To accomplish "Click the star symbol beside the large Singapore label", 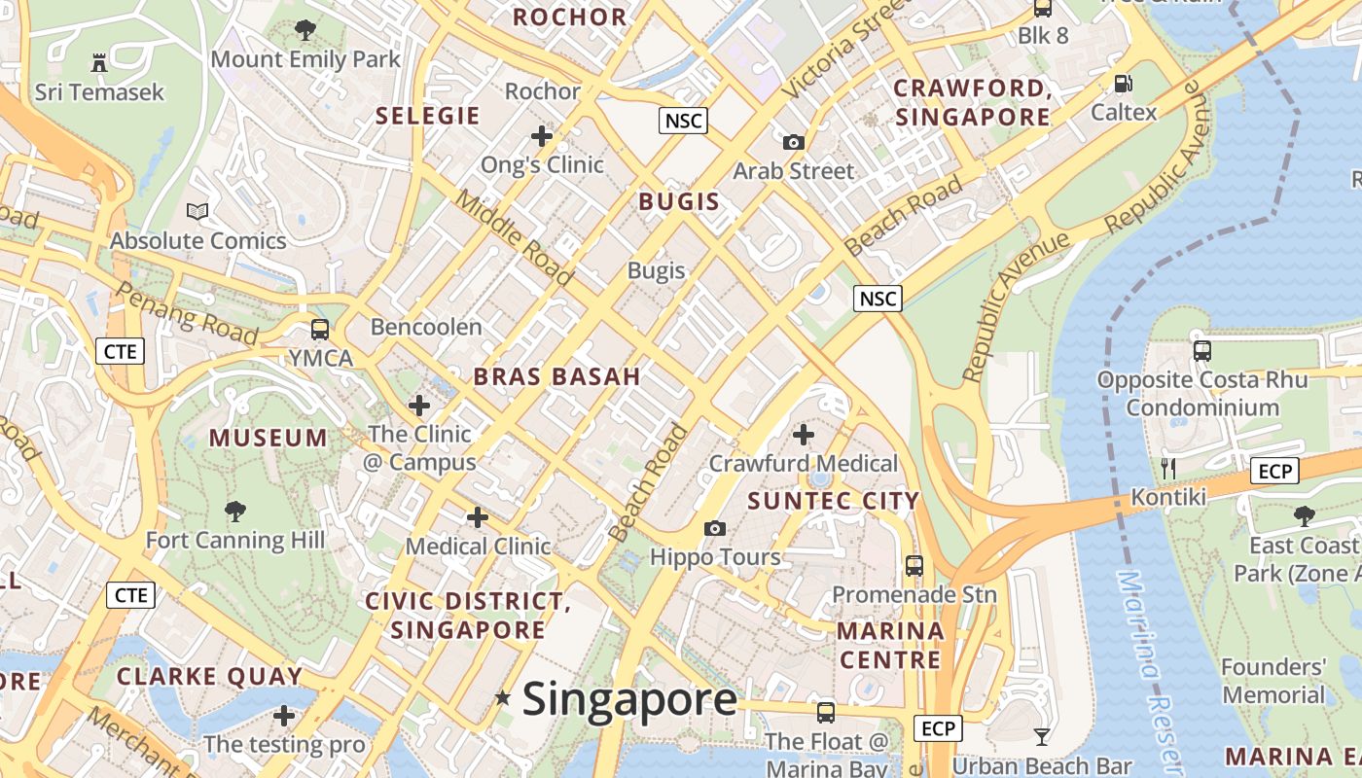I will [x=502, y=697].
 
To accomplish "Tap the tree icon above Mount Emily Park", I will [x=305, y=30].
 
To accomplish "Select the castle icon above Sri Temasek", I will [x=98, y=63].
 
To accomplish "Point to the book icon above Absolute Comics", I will [x=197, y=211].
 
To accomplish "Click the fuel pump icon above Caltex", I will [x=1123, y=84].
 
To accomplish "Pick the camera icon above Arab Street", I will [x=794, y=142].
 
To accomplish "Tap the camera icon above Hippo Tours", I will [x=715, y=528].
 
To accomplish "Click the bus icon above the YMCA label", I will [x=320, y=329].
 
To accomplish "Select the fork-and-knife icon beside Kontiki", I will [x=1168, y=469].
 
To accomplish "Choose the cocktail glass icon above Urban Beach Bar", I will [x=1042, y=736].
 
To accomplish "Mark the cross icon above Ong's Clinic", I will [x=542, y=135].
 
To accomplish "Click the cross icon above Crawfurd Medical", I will [x=804, y=434].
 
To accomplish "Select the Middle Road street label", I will [x=515, y=237].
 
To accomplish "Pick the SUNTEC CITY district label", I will [x=833, y=501].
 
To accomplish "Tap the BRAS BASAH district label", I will [x=556, y=377].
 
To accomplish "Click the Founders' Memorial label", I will [x=1273, y=681].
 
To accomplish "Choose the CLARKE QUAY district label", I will [x=209, y=676].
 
